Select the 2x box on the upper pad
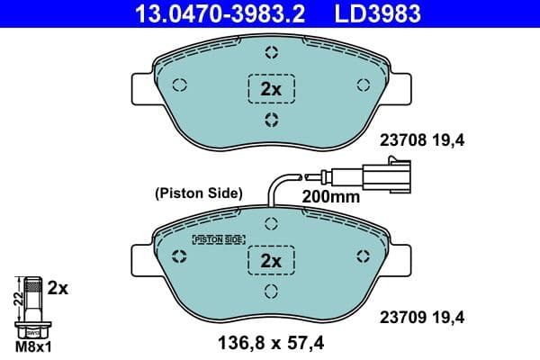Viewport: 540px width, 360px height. (x=271, y=88)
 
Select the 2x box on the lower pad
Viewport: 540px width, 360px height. (x=271, y=260)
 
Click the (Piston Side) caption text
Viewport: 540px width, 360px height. (x=199, y=192)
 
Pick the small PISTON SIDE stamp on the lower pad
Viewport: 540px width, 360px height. (x=219, y=239)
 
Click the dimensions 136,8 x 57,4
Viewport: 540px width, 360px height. (x=271, y=343)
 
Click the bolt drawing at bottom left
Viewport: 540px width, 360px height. (x=32, y=307)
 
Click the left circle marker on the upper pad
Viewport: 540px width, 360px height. (x=179, y=85)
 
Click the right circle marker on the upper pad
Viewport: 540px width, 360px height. (x=364, y=85)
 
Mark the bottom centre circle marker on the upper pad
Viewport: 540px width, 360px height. (x=271, y=121)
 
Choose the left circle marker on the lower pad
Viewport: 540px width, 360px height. (x=179, y=257)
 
